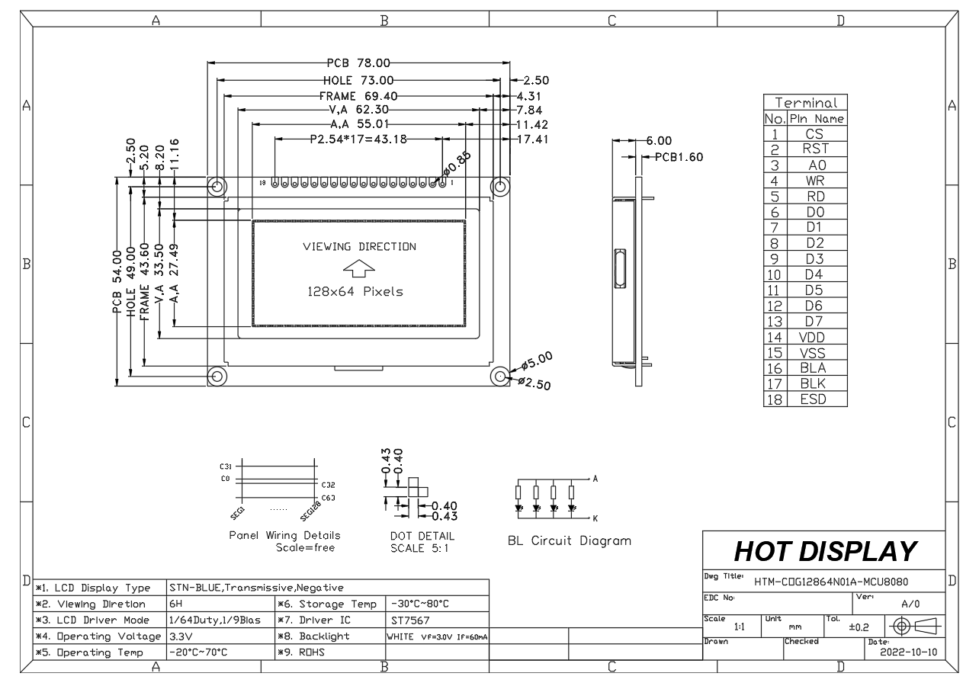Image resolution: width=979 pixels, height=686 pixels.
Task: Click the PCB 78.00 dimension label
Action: coord(358,64)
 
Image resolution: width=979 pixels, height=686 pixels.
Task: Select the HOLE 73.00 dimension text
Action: coord(358,80)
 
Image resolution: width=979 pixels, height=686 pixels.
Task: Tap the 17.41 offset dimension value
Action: coord(533,139)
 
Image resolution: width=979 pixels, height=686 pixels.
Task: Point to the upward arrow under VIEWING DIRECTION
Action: coord(359,269)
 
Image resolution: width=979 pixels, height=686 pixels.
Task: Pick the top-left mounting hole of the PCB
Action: coord(217,186)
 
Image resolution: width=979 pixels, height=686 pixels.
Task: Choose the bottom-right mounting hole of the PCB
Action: coord(500,376)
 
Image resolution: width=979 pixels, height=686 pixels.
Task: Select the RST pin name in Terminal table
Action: coord(815,149)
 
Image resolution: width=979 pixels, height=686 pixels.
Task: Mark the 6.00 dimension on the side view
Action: coord(659,141)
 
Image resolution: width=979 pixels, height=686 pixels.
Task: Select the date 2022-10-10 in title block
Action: coord(907,654)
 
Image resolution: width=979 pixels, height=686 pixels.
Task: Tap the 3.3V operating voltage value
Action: coord(181,636)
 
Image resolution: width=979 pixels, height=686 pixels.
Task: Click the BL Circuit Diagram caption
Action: coord(570,541)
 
